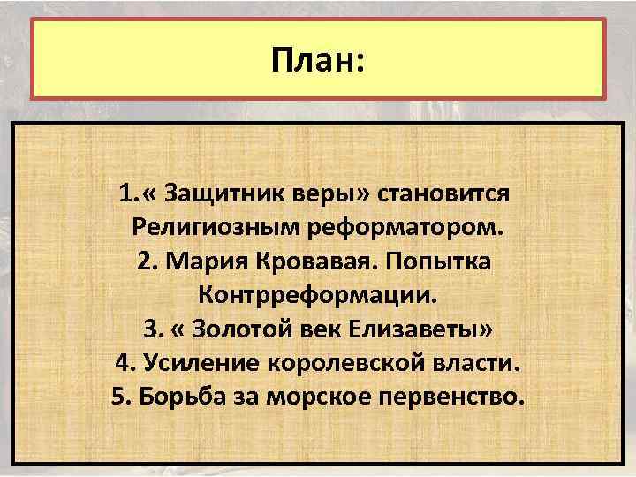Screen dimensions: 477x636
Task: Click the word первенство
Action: coord(455,397)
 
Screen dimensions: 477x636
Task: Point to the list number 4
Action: coord(121,363)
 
